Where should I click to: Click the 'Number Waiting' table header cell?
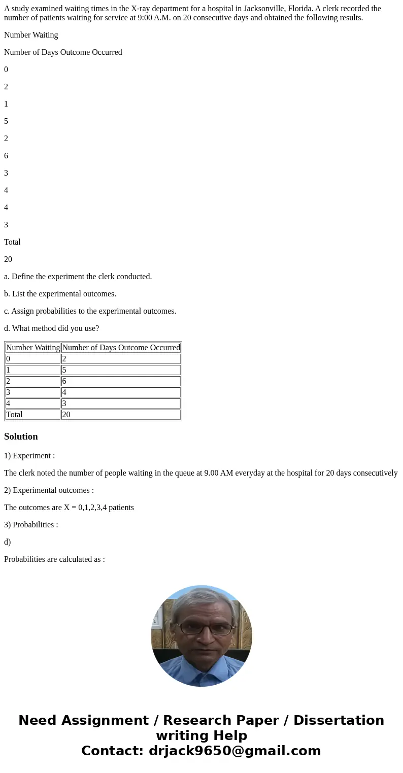click(x=33, y=348)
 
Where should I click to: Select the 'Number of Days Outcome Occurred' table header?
click(x=121, y=348)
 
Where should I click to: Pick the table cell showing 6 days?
click(x=121, y=381)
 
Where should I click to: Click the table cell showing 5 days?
click(x=121, y=370)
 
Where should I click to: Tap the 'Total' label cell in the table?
click(x=33, y=415)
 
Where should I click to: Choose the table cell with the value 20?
click(x=121, y=415)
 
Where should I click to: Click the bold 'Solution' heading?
click(x=21, y=436)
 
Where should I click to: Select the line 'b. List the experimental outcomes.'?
click(x=60, y=294)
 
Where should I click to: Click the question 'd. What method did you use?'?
click(x=51, y=328)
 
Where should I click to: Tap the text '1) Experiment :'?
click(x=29, y=456)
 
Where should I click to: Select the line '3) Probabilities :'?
click(x=31, y=525)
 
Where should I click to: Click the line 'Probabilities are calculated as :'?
click(x=54, y=559)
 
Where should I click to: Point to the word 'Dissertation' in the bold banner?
click(x=339, y=720)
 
